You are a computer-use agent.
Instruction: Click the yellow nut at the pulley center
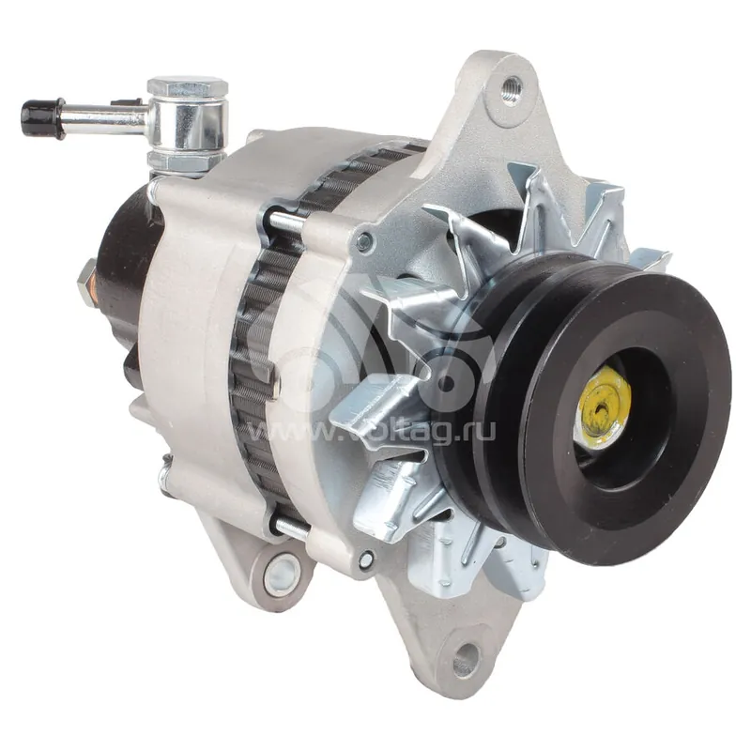tap(603, 407)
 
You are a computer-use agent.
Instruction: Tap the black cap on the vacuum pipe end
tap(42, 116)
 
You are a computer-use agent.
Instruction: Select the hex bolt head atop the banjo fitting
tap(188, 86)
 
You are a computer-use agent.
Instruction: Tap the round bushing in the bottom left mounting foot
tap(282, 575)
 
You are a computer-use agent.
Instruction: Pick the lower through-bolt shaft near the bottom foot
tap(291, 526)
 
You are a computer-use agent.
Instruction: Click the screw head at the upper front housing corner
tap(364, 241)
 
